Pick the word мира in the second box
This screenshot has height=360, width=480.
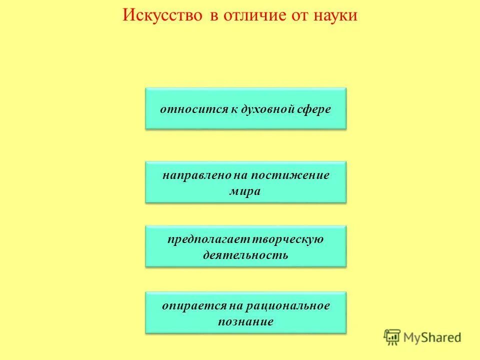point(245,191)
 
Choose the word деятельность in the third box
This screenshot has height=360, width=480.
point(245,255)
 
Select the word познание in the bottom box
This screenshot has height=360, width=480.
point(245,321)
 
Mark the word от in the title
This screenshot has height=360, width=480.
point(294,15)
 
